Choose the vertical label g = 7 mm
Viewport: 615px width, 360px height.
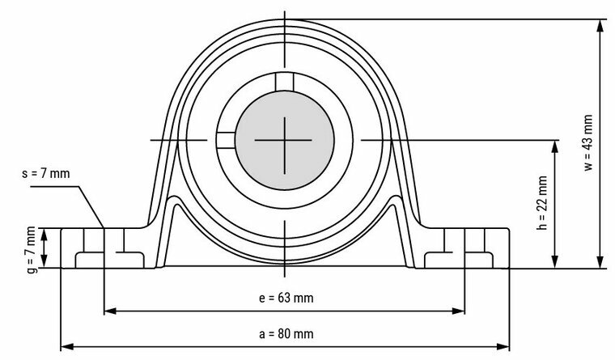point(31,247)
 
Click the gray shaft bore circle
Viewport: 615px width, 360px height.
point(284,139)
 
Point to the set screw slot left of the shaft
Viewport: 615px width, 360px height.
point(225,139)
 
